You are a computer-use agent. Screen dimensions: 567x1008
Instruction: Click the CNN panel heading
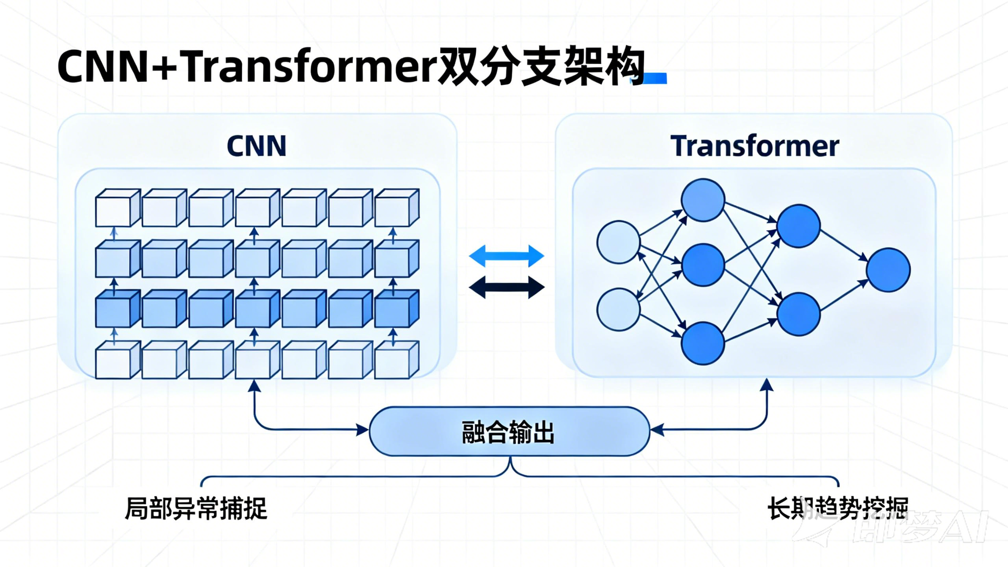[x=257, y=146]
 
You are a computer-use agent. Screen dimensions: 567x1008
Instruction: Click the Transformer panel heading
[x=754, y=146]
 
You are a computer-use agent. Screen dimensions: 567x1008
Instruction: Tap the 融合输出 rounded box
[x=509, y=432]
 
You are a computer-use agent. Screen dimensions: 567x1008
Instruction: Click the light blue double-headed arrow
[x=507, y=256]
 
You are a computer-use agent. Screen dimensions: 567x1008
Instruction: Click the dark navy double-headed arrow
[x=507, y=287]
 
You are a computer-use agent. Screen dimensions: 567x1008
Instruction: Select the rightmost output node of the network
[x=888, y=270]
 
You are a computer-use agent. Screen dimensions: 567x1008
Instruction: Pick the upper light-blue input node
[x=618, y=242]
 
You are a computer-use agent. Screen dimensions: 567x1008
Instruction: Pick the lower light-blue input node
[x=618, y=309]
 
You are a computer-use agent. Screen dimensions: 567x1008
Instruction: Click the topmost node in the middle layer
[x=703, y=200]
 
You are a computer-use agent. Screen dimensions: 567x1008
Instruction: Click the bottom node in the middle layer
[x=703, y=343]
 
